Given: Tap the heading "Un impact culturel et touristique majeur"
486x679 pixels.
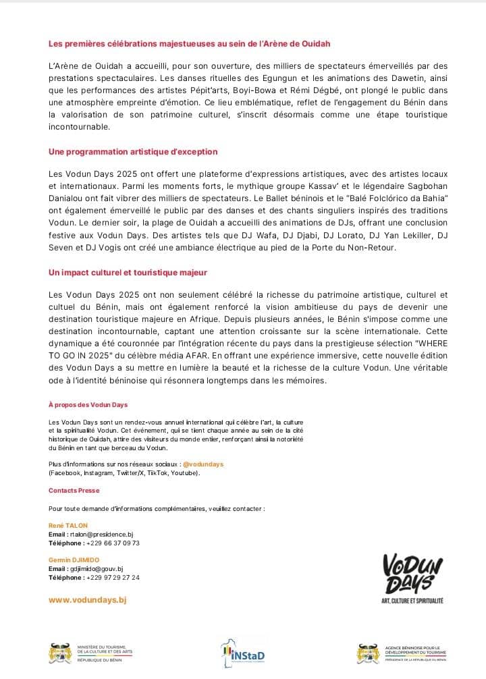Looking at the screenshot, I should (128, 272).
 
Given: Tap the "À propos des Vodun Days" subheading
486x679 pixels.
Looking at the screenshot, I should (88, 404).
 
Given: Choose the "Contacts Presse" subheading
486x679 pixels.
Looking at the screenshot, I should (74, 491).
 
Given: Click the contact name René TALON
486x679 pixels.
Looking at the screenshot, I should (68, 525).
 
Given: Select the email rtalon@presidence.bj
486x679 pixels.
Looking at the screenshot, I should (102, 534).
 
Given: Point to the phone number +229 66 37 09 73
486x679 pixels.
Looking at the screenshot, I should (113, 543).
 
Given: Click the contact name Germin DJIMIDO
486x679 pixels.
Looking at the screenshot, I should (74, 560).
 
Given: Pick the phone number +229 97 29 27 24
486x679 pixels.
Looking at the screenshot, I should (113, 578).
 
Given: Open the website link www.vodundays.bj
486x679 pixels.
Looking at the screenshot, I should (88, 599).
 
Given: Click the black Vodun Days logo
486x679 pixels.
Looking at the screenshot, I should (412, 577).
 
